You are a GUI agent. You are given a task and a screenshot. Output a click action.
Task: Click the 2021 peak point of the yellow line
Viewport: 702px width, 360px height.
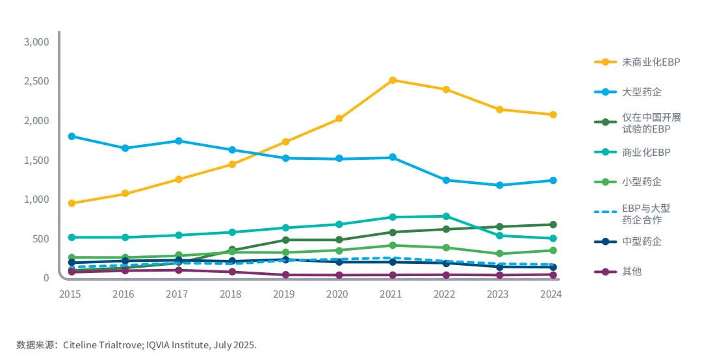[393, 80]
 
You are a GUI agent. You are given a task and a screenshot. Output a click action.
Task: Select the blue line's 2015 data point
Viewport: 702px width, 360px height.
[71, 136]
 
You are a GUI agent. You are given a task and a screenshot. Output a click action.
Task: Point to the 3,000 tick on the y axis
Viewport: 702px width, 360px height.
[36, 42]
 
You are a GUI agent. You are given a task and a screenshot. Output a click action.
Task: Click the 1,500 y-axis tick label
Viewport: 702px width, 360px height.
[36, 161]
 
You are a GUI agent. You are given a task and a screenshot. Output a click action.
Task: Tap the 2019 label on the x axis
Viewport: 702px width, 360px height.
[284, 294]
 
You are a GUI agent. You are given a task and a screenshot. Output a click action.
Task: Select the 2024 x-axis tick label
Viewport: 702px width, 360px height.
[551, 294]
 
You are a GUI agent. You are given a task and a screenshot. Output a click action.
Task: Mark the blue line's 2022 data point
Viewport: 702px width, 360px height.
[446, 180]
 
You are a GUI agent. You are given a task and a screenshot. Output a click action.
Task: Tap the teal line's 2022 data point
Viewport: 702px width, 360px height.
[446, 216]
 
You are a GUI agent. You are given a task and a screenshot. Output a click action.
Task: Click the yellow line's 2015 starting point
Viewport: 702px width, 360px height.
[71, 203]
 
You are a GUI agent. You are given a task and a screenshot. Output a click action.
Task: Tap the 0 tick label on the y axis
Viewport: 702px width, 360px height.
[45, 278]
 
